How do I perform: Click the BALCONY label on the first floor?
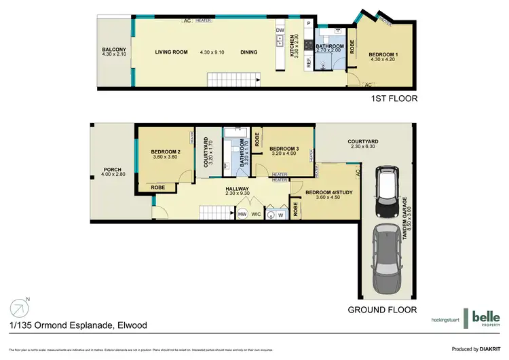click(x=112, y=49)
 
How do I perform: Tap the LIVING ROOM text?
click(x=170, y=52)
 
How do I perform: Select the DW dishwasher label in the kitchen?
click(x=280, y=31)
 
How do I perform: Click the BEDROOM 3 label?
click(x=284, y=149)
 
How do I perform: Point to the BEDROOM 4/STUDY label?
click(x=328, y=193)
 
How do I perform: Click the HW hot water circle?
click(x=242, y=215)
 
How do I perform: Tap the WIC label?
click(x=257, y=215)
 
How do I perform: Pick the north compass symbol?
click(x=18, y=307)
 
